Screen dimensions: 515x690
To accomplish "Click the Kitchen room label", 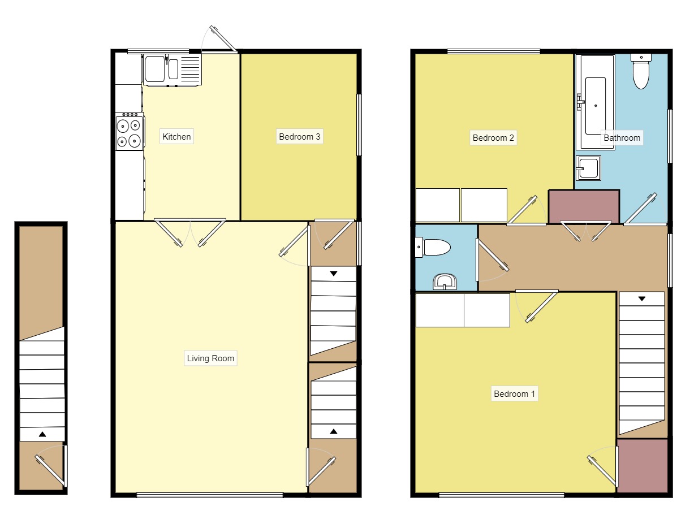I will click(176, 136).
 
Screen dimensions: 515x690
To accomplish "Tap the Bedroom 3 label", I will click(300, 136).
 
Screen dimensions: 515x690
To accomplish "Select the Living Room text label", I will click(210, 358).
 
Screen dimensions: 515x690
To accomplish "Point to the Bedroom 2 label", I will click(493, 137).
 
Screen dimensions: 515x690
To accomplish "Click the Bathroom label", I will click(622, 137).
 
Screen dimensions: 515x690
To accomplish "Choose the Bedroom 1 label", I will click(514, 393).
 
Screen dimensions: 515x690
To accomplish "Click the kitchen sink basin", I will click(154, 69).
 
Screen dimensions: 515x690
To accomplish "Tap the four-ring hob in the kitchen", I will click(129, 132).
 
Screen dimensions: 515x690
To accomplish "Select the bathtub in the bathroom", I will click(595, 102).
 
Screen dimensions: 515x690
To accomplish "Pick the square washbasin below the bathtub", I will click(588, 168).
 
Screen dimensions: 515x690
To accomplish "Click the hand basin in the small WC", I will click(445, 282).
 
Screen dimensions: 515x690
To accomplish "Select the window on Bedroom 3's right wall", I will click(359, 124).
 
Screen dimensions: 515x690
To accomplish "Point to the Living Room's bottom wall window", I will click(209, 495).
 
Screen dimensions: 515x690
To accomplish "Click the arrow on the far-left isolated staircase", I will click(42, 434).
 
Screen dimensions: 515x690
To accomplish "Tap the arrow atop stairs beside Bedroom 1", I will click(641, 298).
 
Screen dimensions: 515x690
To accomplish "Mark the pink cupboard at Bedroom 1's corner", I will click(642, 465).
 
